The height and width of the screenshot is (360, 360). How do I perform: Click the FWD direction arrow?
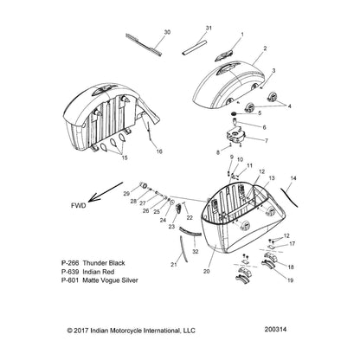click(x=106, y=192)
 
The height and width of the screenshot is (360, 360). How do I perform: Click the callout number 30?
click(x=167, y=32)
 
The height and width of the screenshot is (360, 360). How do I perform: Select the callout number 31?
click(x=209, y=28)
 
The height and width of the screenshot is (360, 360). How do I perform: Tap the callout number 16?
click(x=159, y=151)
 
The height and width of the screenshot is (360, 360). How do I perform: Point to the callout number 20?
click(x=207, y=271)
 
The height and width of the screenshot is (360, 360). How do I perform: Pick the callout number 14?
click(x=293, y=178)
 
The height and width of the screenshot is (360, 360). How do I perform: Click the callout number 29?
click(x=126, y=194)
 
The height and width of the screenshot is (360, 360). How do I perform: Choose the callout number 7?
click(x=267, y=140)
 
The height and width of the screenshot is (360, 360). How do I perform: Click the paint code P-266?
click(x=69, y=263)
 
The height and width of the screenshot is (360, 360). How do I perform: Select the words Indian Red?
click(x=99, y=272)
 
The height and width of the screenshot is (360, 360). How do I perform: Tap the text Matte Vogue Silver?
click(x=110, y=280)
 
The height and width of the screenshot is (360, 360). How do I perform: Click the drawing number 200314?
click(x=275, y=329)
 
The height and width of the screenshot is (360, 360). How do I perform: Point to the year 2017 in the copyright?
click(x=81, y=331)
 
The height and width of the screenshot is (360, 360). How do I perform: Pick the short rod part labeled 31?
click(x=195, y=47)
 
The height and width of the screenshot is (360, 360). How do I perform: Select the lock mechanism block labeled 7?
click(x=235, y=137)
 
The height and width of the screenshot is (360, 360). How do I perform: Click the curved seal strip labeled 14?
click(x=289, y=196)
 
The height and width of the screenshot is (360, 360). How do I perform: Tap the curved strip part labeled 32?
click(x=190, y=231)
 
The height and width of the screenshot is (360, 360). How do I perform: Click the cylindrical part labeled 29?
click(x=144, y=185)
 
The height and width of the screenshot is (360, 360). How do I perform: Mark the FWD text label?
click(x=79, y=206)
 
